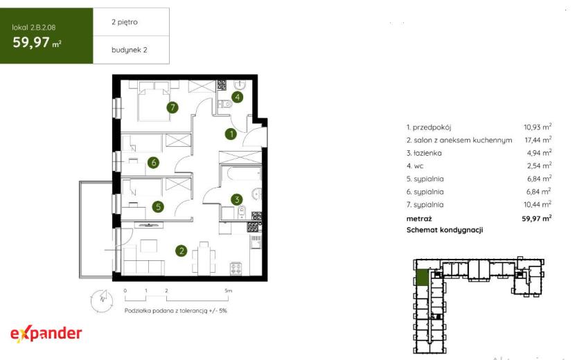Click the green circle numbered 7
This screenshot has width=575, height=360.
[x=172, y=107]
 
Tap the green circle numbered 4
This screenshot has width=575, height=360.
[x=238, y=97]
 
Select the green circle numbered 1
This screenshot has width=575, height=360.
[x=231, y=134]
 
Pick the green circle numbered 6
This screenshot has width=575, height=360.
[x=153, y=163]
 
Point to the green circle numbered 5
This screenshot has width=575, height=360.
[x=158, y=206]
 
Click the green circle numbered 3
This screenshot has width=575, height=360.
[x=236, y=199]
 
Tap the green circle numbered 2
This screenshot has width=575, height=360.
[x=181, y=251]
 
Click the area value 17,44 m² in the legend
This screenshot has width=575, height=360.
[x=538, y=139]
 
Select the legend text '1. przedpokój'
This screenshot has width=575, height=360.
[x=429, y=127]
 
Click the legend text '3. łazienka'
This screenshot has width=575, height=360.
[x=424, y=153]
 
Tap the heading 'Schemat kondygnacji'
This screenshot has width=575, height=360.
[x=445, y=230]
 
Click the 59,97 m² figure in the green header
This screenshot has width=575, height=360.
[x=37, y=42]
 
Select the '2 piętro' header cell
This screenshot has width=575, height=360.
[x=131, y=22]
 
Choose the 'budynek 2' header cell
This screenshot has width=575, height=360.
[x=131, y=50]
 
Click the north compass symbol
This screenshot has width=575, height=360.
[x=102, y=300]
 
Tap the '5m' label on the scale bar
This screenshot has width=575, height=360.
[x=228, y=291]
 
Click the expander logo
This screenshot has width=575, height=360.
[x=46, y=334]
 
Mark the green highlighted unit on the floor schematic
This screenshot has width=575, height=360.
[x=423, y=278]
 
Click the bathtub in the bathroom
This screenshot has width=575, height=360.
[x=240, y=174]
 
